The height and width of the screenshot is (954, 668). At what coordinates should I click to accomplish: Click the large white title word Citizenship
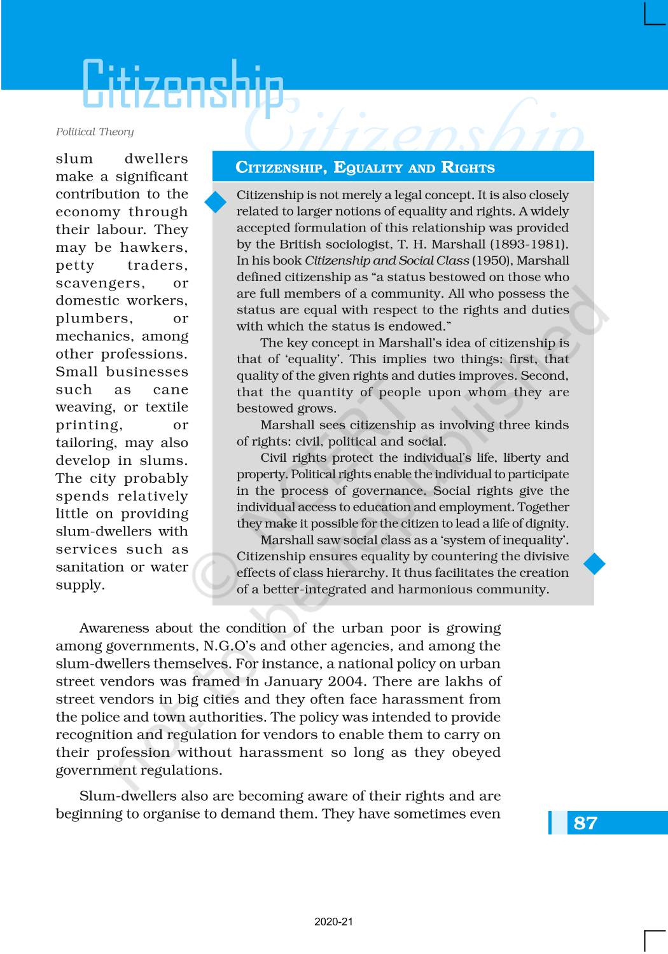183,85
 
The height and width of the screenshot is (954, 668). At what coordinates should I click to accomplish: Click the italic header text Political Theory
95,132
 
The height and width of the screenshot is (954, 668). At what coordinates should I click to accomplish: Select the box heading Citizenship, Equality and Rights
365,168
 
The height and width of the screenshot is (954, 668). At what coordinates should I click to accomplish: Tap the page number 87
585,823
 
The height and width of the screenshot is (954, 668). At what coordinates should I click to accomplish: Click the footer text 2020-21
333,922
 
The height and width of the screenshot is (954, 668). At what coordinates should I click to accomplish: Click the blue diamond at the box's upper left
216,202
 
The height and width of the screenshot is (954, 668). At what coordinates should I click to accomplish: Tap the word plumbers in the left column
94,319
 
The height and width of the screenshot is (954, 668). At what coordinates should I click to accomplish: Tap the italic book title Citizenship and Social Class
386,261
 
